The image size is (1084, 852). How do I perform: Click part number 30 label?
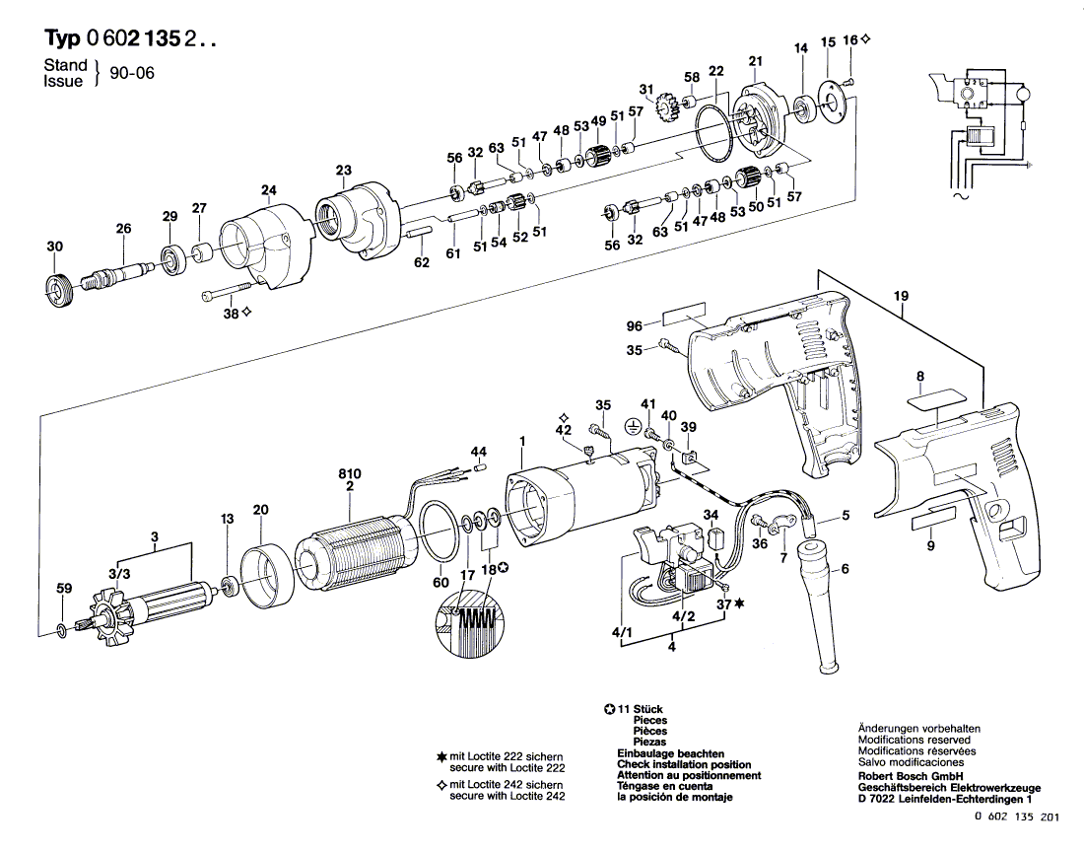coord(54,247)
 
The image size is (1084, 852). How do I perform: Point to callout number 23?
coord(344,170)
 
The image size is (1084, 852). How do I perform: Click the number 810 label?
coord(350,473)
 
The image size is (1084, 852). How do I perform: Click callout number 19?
coord(900,296)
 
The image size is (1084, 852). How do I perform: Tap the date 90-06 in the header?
coord(131,73)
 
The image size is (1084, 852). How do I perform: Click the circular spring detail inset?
coord(470,622)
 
